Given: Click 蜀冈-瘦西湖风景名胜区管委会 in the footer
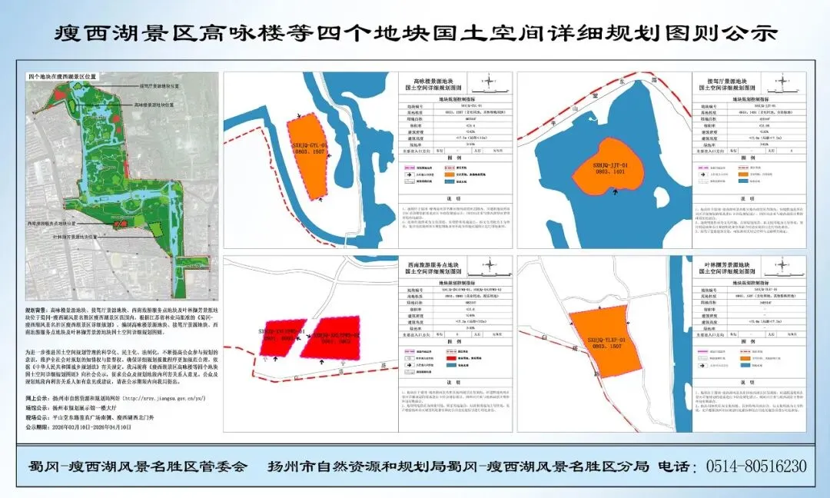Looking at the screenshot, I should (138, 466).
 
